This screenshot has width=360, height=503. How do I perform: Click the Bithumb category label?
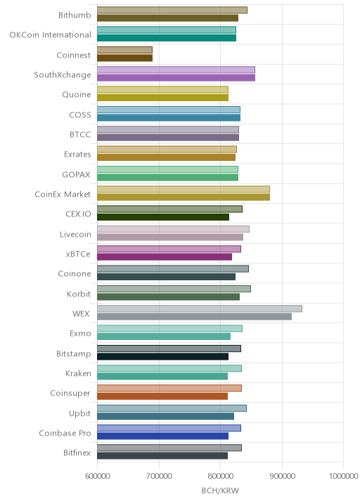coord(75,15)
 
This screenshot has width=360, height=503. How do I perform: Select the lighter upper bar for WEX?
coord(200,308)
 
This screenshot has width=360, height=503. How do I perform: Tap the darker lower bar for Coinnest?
coord(124,58)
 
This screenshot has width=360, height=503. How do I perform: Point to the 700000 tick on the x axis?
coord(159,476)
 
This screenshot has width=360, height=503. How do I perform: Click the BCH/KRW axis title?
coord(220,491)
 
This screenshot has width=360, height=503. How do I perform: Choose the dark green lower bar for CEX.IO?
coord(163,217)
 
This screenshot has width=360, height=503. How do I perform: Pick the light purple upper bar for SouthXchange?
coord(176,70)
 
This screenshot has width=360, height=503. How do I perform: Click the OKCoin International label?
coord(51,35)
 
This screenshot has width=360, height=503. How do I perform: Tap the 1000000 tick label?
coord(343,476)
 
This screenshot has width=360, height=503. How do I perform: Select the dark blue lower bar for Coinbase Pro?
coord(163,436)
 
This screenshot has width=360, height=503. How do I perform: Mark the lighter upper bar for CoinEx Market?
coord(184,189)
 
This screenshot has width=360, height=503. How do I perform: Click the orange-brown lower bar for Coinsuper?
coord(162,396)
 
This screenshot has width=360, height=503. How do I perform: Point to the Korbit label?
coord(79,294)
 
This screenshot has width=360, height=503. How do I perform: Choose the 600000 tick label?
coord(97,476)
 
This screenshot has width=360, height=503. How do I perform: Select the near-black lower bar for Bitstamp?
coord(163,356)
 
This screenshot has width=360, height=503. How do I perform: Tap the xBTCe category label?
coord(78,254)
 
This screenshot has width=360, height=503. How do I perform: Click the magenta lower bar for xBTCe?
coord(165,257)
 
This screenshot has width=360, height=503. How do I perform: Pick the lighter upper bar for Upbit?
coord(172,408)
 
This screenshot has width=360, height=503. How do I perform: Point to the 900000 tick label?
coord(282,476)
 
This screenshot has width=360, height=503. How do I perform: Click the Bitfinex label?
coord(77,452)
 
